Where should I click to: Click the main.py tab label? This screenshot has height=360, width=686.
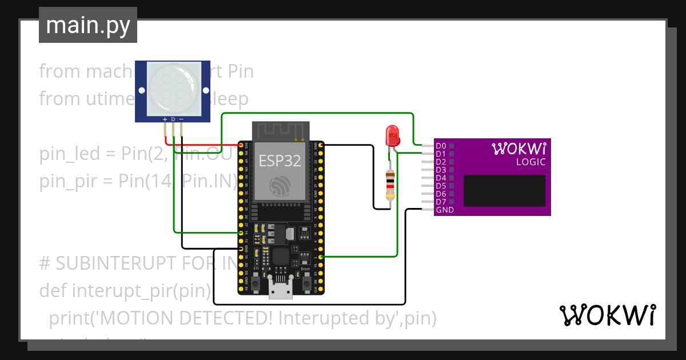tap(87, 25)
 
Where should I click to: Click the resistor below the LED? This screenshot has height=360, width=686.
tap(390, 185)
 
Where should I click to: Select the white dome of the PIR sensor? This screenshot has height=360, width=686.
tap(173, 87)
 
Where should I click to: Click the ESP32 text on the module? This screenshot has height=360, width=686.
tap(280, 161)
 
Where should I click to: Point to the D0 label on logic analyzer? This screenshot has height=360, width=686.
tap(440, 146)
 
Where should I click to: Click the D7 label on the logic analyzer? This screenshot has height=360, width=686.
tap(440, 202)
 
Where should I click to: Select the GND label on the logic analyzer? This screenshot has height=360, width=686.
tap(444, 210)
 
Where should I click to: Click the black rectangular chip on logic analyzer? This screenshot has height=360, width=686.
tap(504, 190)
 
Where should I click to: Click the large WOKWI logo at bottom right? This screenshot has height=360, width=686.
tap(607, 315)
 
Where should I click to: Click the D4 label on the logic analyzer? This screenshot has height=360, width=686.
tap(440, 178)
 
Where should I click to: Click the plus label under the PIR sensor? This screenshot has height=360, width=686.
tap(165, 119)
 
